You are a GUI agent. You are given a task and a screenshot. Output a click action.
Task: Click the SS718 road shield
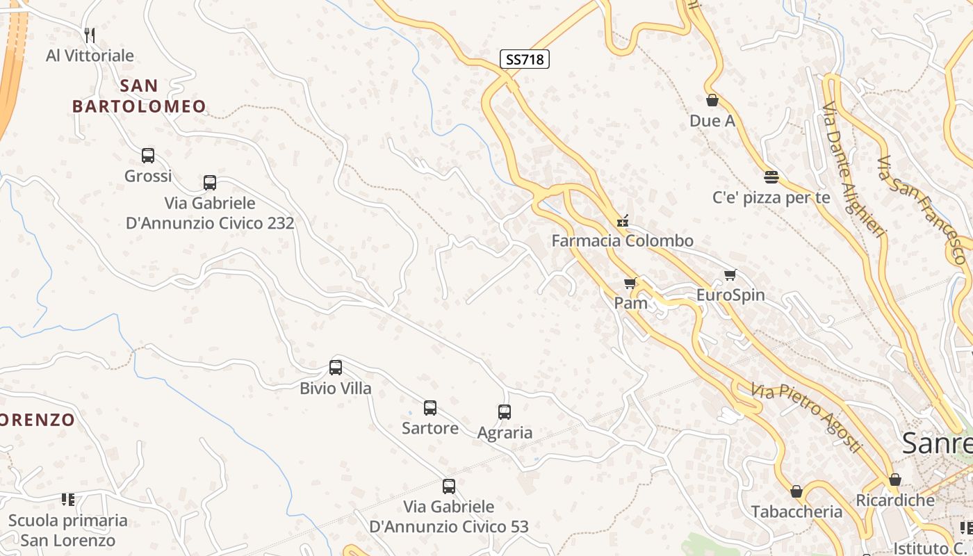click(524, 60)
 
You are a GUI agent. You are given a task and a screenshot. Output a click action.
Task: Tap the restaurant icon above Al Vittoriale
click(89, 35)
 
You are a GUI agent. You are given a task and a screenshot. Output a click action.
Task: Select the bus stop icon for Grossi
click(148, 156)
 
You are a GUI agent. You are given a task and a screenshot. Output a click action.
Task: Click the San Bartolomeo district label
click(139, 96)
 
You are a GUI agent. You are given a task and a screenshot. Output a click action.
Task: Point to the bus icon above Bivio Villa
click(336, 368)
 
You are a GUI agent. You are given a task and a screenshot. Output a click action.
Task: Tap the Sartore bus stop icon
click(430, 408)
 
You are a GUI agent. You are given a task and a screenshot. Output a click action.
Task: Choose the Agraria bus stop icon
click(505, 412)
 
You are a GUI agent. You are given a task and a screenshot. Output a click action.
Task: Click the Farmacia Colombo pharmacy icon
click(623, 221)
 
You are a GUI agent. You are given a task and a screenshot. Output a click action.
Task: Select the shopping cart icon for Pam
click(630, 283)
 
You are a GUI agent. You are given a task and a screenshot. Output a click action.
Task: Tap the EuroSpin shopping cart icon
click(730, 275)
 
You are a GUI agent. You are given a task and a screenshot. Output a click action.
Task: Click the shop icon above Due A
click(712, 101)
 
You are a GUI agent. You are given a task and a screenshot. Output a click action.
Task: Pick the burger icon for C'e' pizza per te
click(771, 177)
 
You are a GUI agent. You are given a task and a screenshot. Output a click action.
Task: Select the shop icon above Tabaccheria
click(796, 491)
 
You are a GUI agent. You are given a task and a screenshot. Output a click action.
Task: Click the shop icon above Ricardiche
click(895, 480)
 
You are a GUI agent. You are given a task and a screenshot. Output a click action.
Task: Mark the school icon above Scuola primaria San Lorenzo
click(68, 500)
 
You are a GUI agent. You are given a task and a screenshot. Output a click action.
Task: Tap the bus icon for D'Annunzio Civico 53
click(449, 486)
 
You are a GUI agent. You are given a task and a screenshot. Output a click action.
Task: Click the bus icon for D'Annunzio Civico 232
click(210, 183)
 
